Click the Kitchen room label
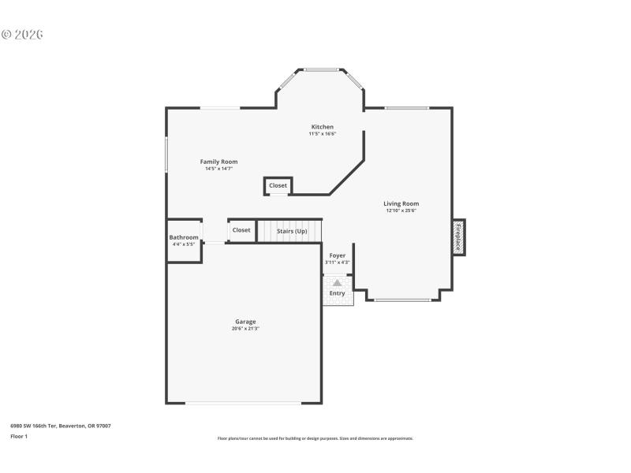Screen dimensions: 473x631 (x=322, y=127)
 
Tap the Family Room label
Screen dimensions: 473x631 (x=218, y=162)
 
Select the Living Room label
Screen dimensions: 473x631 (x=401, y=203)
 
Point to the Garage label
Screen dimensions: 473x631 (x=245, y=322)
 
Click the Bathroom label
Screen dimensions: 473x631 (x=184, y=237)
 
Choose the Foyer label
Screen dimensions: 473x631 (x=337, y=255)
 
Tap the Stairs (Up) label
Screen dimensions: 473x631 (x=291, y=231)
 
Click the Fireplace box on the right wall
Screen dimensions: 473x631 (x=458, y=236)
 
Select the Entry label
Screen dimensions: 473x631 (x=337, y=293)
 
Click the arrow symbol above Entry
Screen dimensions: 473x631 (x=337, y=282)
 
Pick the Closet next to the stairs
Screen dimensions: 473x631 (x=241, y=230)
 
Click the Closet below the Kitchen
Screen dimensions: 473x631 (x=278, y=186)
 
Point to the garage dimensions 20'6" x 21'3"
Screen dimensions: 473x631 (x=245, y=329)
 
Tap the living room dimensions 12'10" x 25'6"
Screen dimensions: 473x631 (x=401, y=210)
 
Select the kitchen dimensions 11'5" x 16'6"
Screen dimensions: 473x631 (x=322, y=134)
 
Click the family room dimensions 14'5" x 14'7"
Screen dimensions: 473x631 (x=218, y=169)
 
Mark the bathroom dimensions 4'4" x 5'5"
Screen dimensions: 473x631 (x=184, y=244)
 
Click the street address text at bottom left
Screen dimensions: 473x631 (x=60, y=426)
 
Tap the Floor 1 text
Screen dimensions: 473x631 (x=19, y=436)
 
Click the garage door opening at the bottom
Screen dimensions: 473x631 (x=243, y=404)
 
